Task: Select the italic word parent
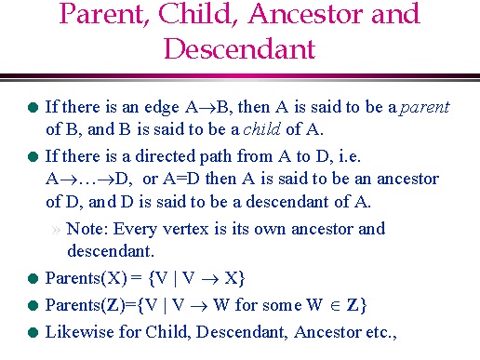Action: pos(425,107)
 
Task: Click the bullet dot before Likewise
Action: pos(33,331)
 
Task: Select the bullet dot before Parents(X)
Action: pos(33,279)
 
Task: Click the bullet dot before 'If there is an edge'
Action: pos(33,108)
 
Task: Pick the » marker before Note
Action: pos(57,229)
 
